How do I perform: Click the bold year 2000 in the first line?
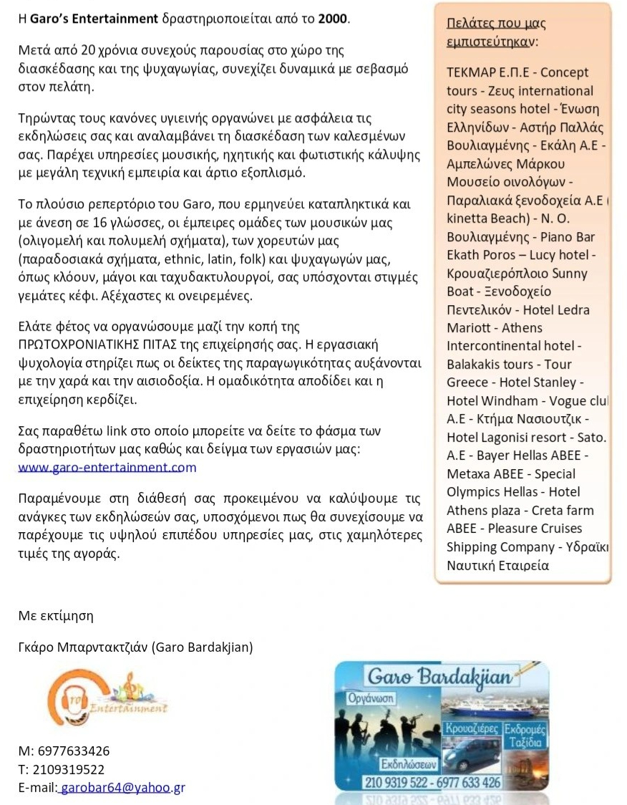tap(333, 18)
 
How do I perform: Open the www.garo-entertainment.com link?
tap(107, 468)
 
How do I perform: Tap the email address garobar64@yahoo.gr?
tap(122, 788)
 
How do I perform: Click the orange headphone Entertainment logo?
tap(107, 697)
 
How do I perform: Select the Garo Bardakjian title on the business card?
tap(439, 678)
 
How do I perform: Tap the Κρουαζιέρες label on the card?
tap(472, 728)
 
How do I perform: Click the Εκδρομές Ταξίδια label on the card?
tap(525, 736)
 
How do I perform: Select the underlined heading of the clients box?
tap(496, 32)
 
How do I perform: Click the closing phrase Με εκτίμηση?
tap(55, 615)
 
